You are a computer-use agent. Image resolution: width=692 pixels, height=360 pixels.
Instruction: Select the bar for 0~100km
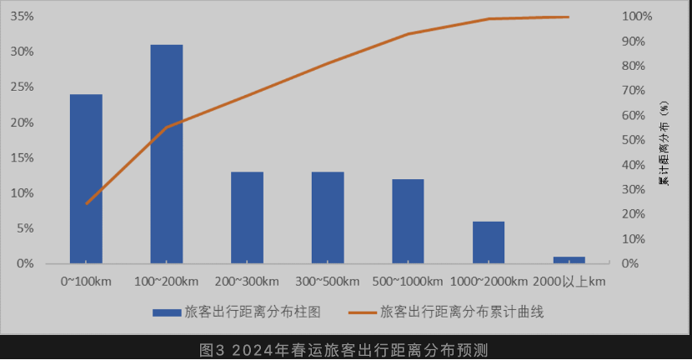coord(86,179)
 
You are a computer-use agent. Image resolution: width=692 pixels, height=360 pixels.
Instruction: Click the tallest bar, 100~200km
coord(167,154)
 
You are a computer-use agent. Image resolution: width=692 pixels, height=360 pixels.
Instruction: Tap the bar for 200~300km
coord(248,217)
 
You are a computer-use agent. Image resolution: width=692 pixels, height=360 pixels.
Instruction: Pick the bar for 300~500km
coord(328,217)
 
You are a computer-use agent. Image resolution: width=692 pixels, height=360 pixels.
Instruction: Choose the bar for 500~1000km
coord(409,221)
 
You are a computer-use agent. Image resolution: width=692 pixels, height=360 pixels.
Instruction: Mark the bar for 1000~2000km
coord(489,242)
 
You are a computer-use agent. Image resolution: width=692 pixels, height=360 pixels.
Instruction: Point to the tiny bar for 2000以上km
coord(569,260)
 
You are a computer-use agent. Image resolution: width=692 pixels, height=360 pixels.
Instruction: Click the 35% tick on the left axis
coord(23,17)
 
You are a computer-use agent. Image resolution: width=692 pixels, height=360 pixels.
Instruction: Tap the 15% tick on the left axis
coord(23,157)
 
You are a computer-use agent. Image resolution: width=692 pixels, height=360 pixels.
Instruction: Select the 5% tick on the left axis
coord(25,228)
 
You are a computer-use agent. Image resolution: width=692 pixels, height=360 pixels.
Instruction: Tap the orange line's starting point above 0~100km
coord(87,203)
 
